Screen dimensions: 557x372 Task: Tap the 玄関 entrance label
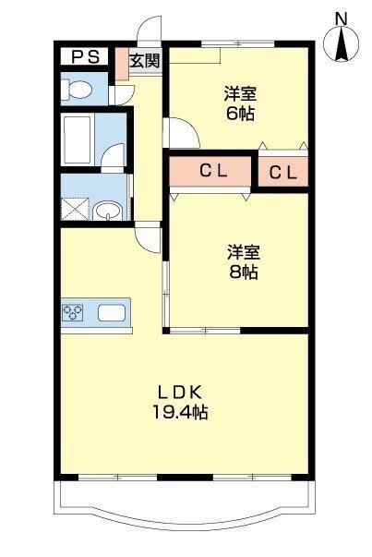(143, 62)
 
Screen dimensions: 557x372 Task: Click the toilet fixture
(79, 90)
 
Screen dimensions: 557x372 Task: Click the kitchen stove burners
(73, 312)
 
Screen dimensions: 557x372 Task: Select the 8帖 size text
(244, 272)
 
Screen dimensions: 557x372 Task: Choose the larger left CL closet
(211, 172)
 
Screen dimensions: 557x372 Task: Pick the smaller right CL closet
(283, 172)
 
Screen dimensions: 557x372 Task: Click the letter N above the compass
(341, 17)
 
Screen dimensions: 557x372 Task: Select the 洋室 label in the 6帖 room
(238, 93)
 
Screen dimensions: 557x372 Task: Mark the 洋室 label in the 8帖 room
(244, 250)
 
